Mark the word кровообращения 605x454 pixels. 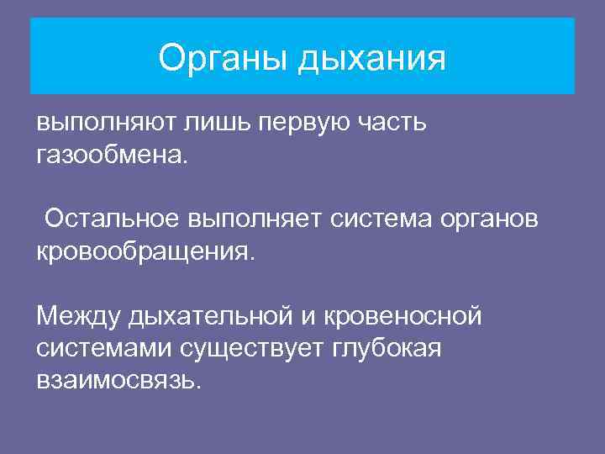(x=144, y=251)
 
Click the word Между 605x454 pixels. (x=78, y=316)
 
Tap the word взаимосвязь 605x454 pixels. (x=118, y=380)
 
